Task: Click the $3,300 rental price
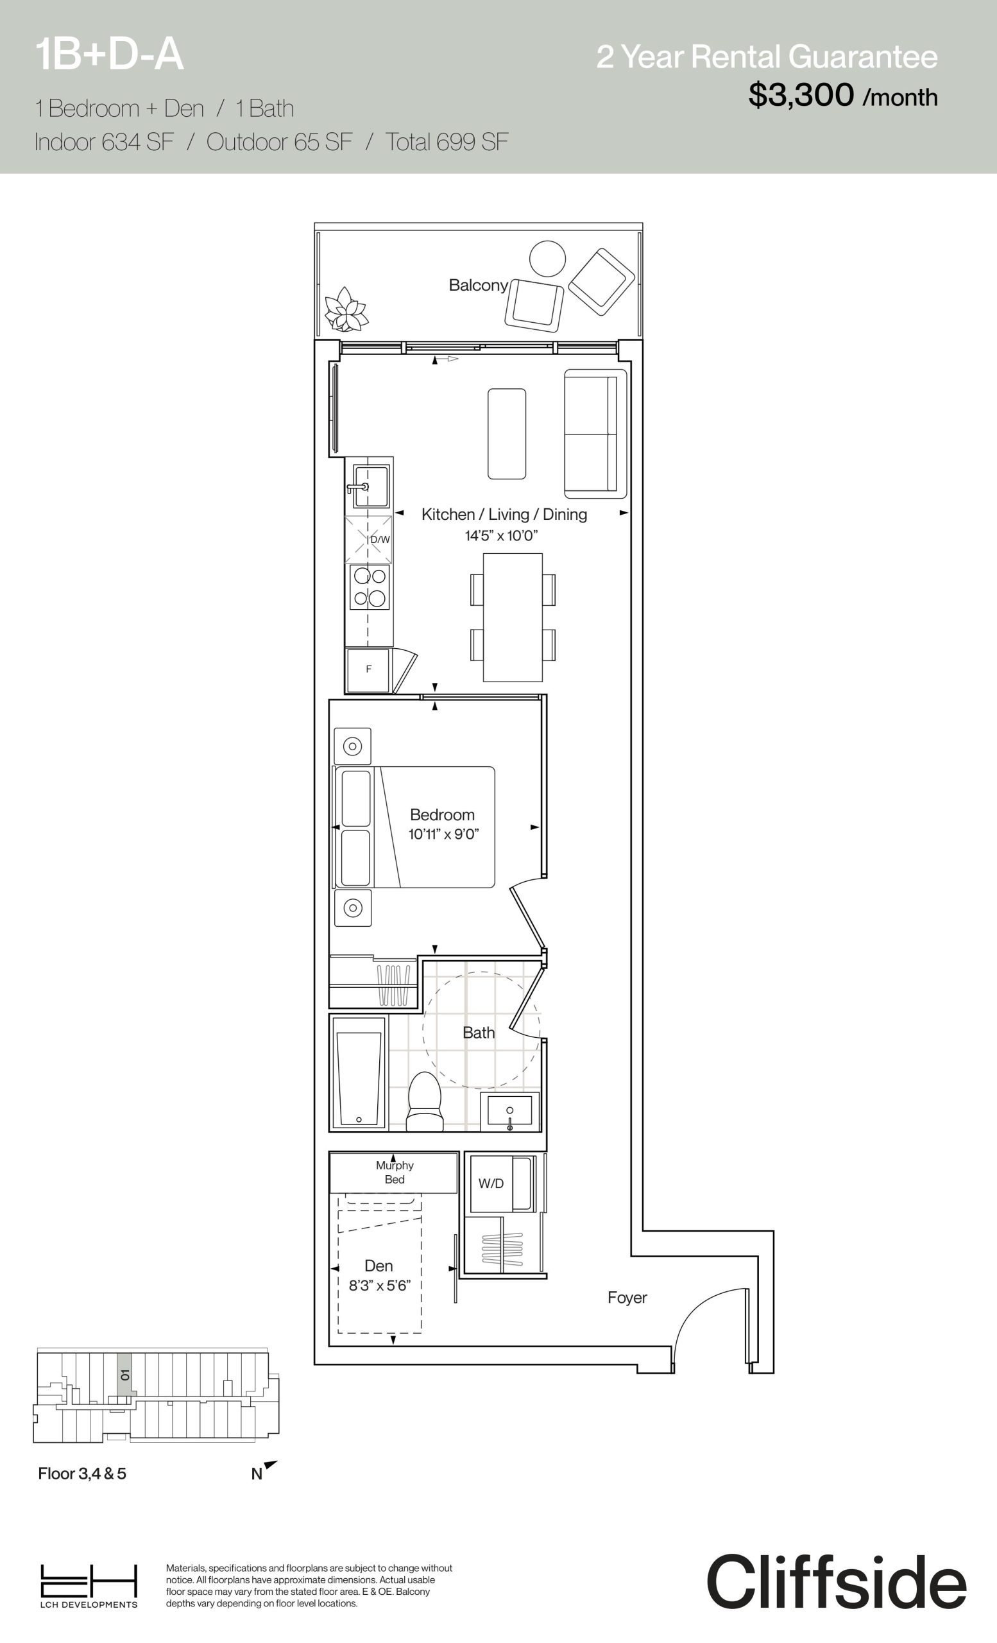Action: pos(801,96)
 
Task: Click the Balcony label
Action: pos(479,286)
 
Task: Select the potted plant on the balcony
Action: pos(346,309)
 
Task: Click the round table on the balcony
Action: pos(547,259)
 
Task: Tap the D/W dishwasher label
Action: pos(380,540)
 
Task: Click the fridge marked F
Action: pos(368,670)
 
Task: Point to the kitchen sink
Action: pos(370,486)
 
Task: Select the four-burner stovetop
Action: pos(369,587)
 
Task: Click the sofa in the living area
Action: pos(596,433)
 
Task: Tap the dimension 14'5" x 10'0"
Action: pos(501,536)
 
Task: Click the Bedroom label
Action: pos(442,815)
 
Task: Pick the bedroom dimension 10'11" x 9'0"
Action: pos(444,834)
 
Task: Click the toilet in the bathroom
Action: pos(425,1100)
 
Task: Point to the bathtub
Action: pos(359,1074)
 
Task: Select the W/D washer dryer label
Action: pos(491,1183)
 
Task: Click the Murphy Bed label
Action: pos(395,1172)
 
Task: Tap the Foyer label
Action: pos(627,1298)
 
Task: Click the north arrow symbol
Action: pos(270,1465)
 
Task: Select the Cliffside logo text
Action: pos(837,1581)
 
